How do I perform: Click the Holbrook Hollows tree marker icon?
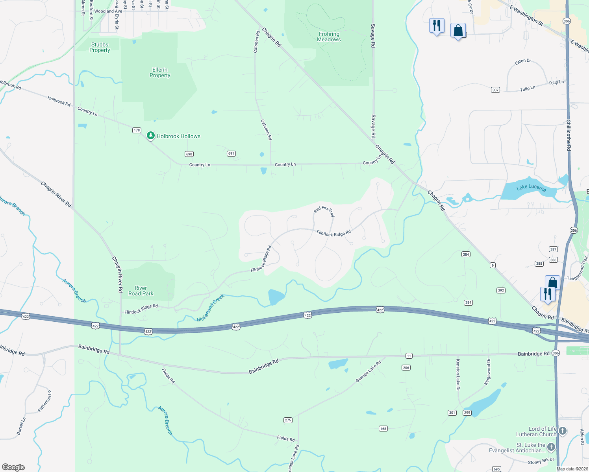click(150, 136)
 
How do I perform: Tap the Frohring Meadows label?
click(329, 37)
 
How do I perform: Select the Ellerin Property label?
click(160, 72)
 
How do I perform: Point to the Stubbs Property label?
click(100, 47)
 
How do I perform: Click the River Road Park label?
click(141, 291)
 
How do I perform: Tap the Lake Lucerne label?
click(531, 187)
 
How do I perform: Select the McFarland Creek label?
click(211, 308)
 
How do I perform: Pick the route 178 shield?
click(137, 130)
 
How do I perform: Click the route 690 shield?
click(189, 154)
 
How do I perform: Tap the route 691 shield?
click(231, 153)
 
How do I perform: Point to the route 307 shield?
click(495, 90)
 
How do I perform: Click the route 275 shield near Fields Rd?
click(288, 420)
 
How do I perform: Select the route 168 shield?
click(383, 428)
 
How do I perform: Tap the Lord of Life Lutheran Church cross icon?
click(563, 431)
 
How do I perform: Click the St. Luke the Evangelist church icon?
click(551, 447)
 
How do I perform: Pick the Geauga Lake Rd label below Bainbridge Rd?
click(368, 371)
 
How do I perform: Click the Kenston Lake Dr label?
click(458, 374)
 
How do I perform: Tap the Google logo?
click(13, 467)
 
